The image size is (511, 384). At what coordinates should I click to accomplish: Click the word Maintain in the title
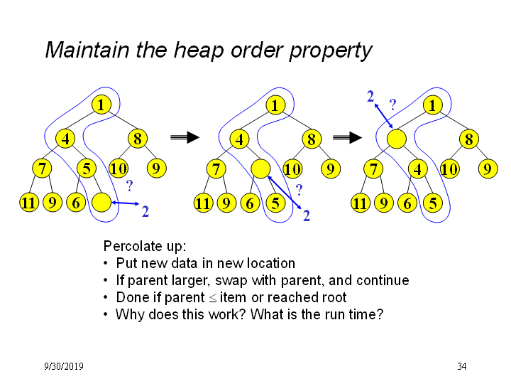(x=87, y=50)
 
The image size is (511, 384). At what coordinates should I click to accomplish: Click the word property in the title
(x=331, y=52)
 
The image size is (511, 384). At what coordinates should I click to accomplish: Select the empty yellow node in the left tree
(x=101, y=203)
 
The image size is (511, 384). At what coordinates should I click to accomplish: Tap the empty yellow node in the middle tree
(x=260, y=169)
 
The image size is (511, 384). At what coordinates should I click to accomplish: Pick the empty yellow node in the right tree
(x=397, y=139)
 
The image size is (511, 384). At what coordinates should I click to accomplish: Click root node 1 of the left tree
(x=101, y=105)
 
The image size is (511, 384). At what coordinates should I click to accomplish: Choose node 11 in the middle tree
(x=204, y=203)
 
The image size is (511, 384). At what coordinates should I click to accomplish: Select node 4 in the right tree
(x=418, y=169)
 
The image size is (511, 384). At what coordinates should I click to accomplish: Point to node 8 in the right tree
(x=469, y=139)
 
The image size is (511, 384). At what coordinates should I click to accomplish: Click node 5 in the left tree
(x=87, y=169)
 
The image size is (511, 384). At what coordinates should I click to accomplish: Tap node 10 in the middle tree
(x=292, y=169)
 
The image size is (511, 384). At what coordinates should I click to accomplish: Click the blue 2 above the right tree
(x=370, y=96)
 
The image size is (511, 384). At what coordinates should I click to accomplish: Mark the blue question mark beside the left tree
(x=129, y=186)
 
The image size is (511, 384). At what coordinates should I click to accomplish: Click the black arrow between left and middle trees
(x=185, y=137)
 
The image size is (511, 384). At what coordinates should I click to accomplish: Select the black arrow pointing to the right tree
(x=347, y=137)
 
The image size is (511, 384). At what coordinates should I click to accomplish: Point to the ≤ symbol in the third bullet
(x=212, y=298)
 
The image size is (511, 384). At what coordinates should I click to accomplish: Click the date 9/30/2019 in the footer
(x=64, y=366)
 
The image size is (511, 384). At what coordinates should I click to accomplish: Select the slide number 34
(x=462, y=366)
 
